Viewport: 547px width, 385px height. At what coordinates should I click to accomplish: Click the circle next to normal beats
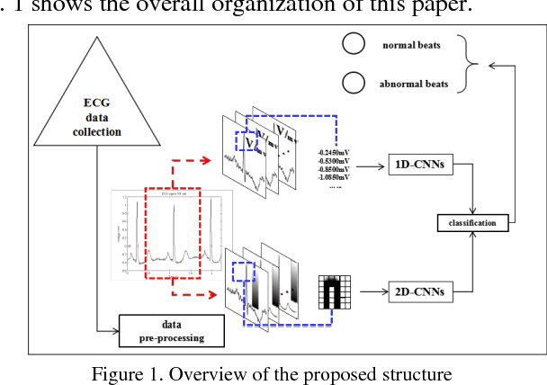pyautogui.click(x=354, y=44)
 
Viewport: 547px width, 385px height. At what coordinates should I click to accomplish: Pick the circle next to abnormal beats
pyautogui.click(x=354, y=85)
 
